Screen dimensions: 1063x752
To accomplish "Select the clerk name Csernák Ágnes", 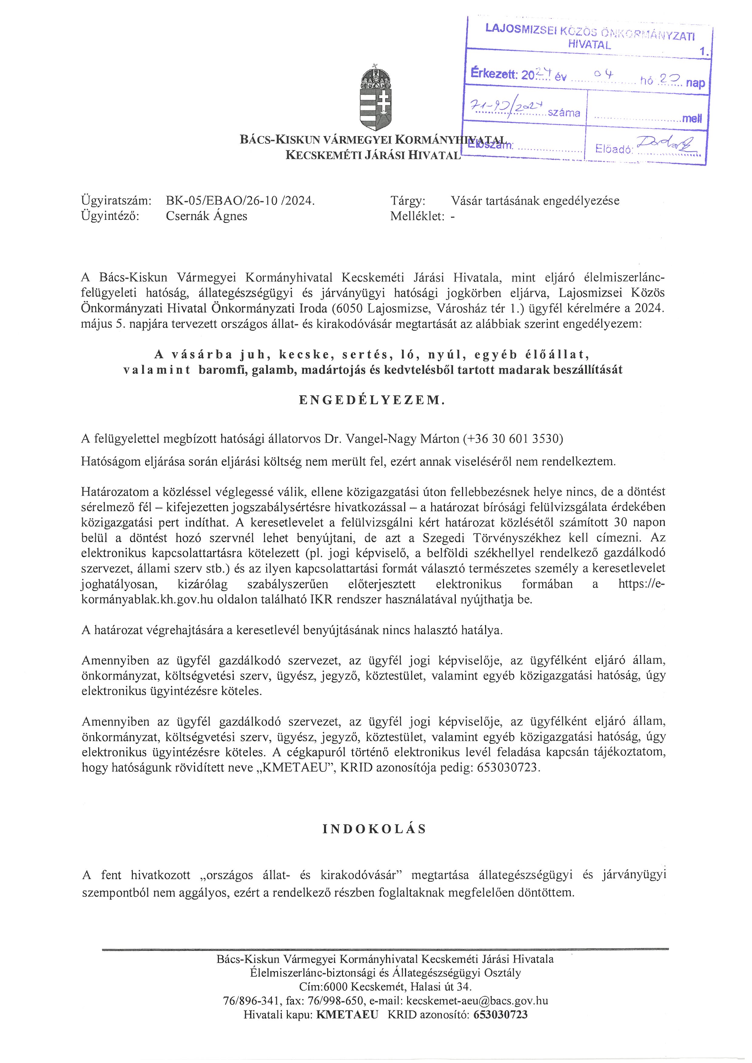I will click(206, 216).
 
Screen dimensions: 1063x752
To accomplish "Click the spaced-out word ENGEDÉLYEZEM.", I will click(372, 400).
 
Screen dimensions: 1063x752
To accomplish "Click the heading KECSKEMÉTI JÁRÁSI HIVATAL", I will click(373, 155).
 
